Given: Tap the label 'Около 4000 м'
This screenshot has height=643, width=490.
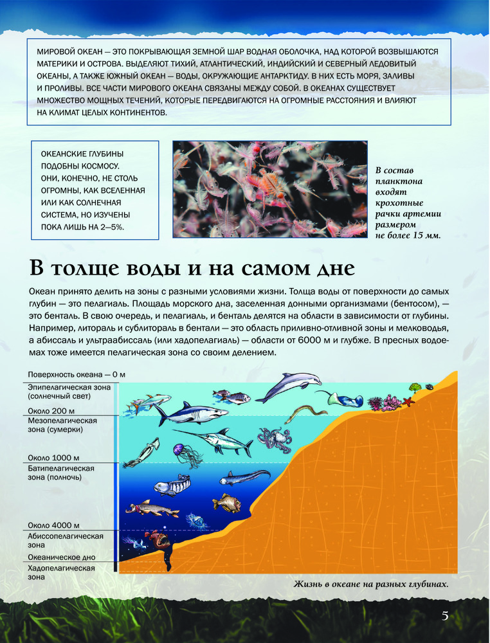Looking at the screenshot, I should point(54,525).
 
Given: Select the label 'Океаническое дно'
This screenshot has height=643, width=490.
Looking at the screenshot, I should point(61,558).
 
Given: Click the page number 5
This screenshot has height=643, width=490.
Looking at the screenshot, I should point(445,616).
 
